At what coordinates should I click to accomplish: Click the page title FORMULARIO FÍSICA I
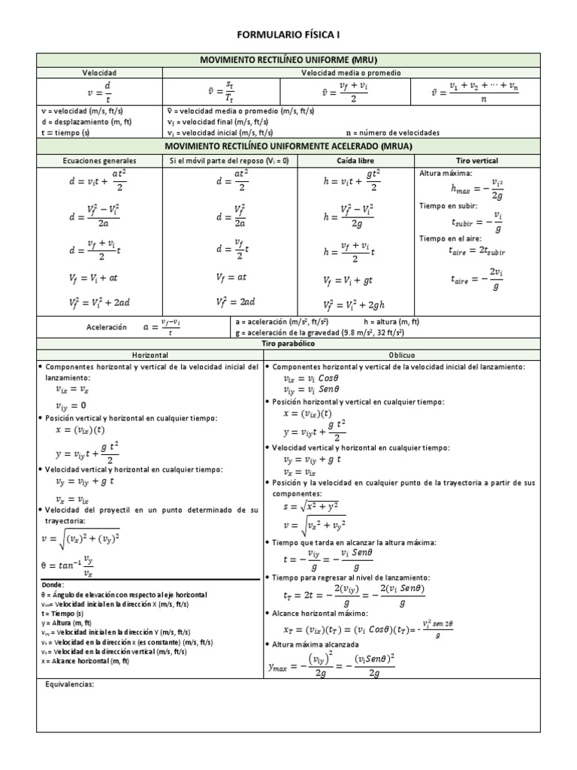click(288, 35)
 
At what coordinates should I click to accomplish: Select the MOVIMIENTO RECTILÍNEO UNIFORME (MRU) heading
click(288, 59)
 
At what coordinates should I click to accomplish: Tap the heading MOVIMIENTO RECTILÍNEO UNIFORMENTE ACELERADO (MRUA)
click(288, 146)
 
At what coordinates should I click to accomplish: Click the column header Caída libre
click(351, 161)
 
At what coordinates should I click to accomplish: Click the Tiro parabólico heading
click(288, 343)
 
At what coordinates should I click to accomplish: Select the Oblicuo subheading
click(401, 354)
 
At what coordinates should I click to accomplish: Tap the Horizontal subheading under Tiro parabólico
click(150, 354)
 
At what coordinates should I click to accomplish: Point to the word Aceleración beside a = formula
click(108, 328)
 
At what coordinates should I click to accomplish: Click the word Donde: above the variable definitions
click(54, 584)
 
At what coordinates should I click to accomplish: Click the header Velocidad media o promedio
click(351, 73)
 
